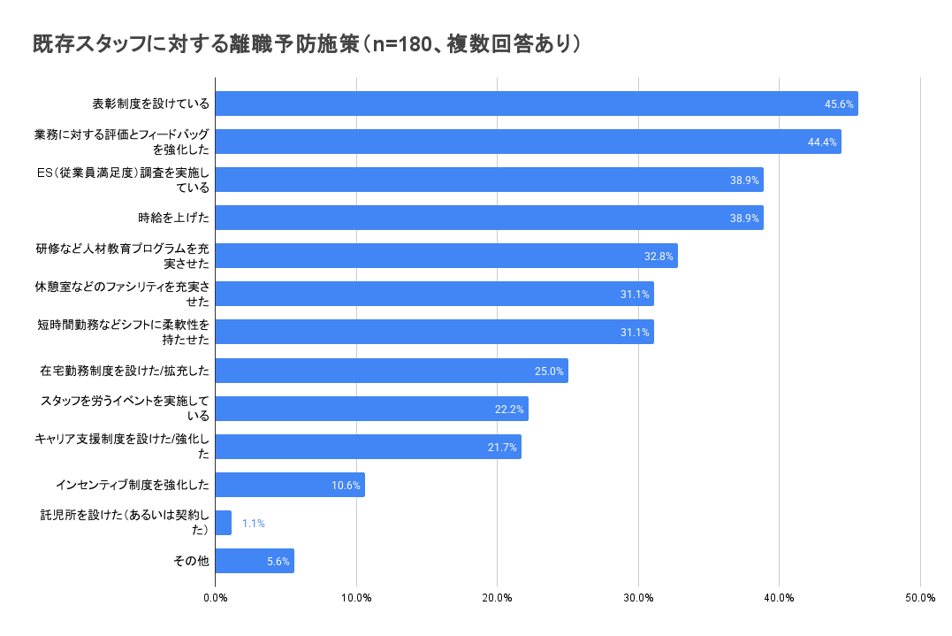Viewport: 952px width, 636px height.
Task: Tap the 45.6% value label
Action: [x=838, y=104]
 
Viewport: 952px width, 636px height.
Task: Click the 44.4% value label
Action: [x=821, y=142]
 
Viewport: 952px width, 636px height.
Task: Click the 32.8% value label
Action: [x=659, y=257]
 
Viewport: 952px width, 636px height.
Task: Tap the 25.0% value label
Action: [x=549, y=372]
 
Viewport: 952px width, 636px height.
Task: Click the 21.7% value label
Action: [x=502, y=448]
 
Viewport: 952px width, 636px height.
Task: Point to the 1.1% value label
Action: [x=253, y=524]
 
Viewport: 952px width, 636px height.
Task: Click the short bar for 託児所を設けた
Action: [x=223, y=523]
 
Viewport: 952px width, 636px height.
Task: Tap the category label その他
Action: [x=192, y=561]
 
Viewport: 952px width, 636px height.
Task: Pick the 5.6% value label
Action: [x=278, y=562]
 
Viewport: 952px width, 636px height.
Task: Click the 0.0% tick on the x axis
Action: [x=215, y=598]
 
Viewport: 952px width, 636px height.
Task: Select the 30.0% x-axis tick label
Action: [x=638, y=598]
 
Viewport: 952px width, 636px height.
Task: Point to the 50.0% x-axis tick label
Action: [x=920, y=598]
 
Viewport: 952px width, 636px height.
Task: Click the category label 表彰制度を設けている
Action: [x=150, y=103]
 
